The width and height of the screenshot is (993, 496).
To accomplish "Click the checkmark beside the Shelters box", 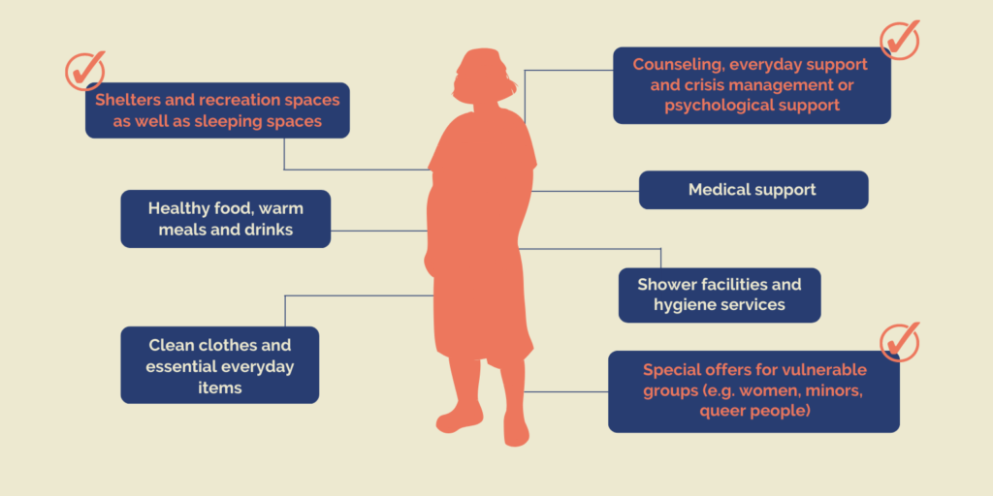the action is [x=85, y=71].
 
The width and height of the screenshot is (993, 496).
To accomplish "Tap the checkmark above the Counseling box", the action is [x=899, y=40].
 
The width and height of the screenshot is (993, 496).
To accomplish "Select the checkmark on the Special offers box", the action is [x=899, y=342].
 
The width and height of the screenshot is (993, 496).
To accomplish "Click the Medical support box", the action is [x=753, y=190].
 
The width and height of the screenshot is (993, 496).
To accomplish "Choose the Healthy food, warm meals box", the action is [x=225, y=219].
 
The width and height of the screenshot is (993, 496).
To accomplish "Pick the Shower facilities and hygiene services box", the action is [x=720, y=294].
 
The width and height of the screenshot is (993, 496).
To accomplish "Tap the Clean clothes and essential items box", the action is [x=220, y=365].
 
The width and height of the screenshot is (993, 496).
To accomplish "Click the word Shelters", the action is [x=125, y=100].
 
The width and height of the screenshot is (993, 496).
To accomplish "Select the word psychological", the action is [x=716, y=105].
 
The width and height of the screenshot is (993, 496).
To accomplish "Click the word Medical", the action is [x=716, y=189].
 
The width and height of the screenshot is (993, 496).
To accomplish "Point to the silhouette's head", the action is [x=483, y=72].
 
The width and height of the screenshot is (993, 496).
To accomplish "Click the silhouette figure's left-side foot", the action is [x=459, y=418].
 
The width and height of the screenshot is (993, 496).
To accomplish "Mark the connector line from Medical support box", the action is [x=585, y=191].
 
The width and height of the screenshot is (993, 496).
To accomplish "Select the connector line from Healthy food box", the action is [x=379, y=231].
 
